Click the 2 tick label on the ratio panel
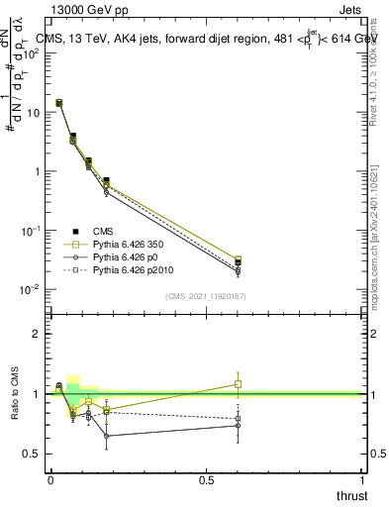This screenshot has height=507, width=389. click(x=37, y=334)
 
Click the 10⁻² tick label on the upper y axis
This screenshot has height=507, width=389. click(x=30, y=289)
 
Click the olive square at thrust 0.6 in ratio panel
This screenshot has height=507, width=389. click(x=237, y=384)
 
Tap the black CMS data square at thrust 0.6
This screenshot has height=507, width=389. click(x=237, y=262)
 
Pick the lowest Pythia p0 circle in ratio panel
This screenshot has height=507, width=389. click(x=106, y=436)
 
